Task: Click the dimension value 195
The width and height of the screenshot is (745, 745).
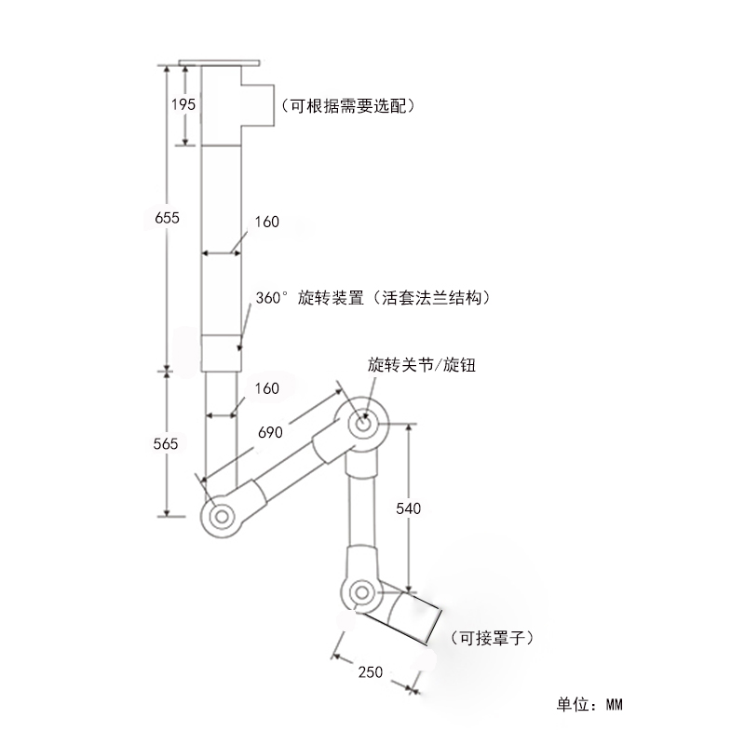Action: point(183,104)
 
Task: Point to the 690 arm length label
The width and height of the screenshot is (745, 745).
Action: point(271,434)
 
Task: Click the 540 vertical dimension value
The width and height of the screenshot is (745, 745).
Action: point(409,508)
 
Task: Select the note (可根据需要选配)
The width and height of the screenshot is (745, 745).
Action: point(347,106)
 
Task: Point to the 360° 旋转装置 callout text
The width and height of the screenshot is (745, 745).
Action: point(373,299)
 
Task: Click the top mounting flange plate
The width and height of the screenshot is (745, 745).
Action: point(220,63)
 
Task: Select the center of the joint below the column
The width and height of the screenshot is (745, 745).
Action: point(223,514)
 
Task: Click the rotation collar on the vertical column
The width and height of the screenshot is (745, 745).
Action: point(222,352)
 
